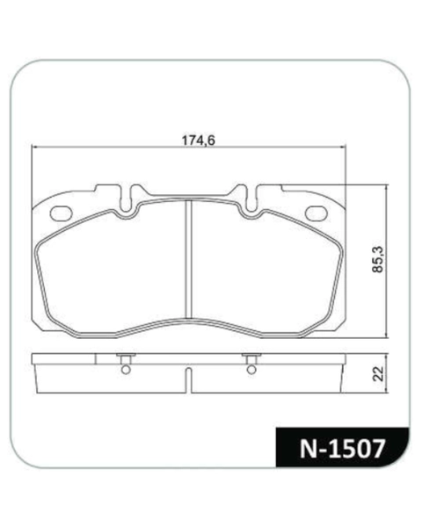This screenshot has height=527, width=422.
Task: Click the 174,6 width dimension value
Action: point(198,141)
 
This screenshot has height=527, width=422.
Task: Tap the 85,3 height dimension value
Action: point(379,259)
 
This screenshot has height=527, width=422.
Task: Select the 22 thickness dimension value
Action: point(379,373)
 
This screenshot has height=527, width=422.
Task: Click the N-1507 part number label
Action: point(342,449)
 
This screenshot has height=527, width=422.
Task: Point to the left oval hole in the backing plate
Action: point(61,213)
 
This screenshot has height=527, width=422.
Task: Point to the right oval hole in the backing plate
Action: point(316,213)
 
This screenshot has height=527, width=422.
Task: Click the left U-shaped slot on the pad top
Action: point(127,199)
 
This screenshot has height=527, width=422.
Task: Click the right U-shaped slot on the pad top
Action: point(251,199)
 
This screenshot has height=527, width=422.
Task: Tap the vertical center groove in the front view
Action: point(189,259)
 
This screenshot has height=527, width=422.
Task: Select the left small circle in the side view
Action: point(126,370)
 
